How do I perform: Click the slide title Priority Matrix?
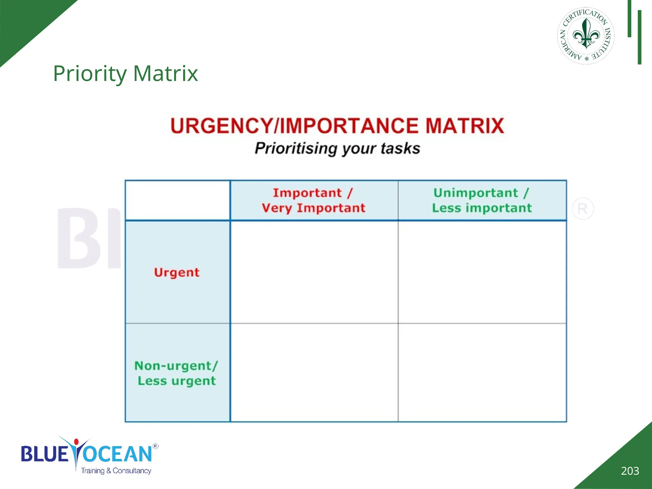coord(125,74)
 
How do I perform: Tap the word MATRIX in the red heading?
coord(464,126)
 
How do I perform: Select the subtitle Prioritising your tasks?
coord(337,148)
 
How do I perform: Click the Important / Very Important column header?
coord(314,200)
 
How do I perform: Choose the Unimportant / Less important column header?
coord(482,200)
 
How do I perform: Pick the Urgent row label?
coord(177,273)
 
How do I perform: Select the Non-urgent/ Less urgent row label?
coord(177,373)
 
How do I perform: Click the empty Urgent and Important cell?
coord(314,272)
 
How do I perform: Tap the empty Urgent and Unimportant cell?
coord(482,272)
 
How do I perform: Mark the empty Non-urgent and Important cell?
coord(314,372)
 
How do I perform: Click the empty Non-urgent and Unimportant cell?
coord(482,372)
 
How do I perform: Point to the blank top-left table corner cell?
coord(177,200)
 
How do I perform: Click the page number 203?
coord(630,471)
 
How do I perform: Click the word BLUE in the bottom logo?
coord(45,454)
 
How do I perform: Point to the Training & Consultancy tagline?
coord(116,471)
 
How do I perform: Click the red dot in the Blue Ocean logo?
coord(76,442)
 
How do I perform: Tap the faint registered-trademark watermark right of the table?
coord(583,209)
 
